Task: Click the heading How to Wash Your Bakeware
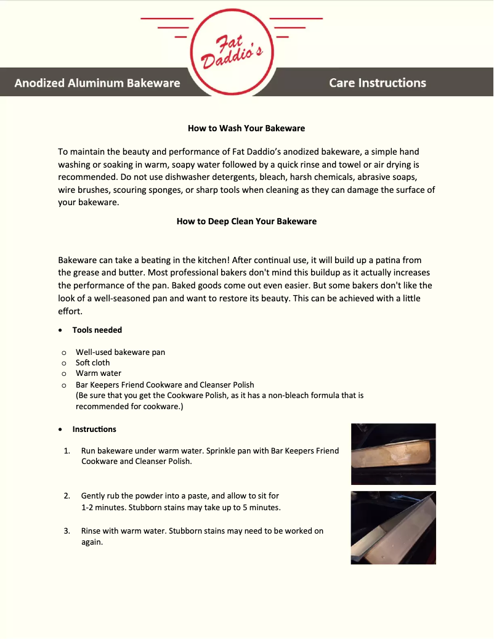(246, 128)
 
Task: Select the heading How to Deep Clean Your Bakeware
(246, 221)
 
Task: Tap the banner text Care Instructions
(377, 83)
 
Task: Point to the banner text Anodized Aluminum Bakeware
(97, 83)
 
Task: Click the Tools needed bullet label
(97, 330)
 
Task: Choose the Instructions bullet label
(94, 429)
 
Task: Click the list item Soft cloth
(93, 362)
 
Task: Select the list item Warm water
(99, 373)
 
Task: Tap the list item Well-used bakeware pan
(120, 352)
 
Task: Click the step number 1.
(67, 450)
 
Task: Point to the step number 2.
(67, 495)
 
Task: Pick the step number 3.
(67, 531)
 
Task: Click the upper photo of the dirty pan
(393, 454)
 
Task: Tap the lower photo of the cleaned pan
(393, 527)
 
